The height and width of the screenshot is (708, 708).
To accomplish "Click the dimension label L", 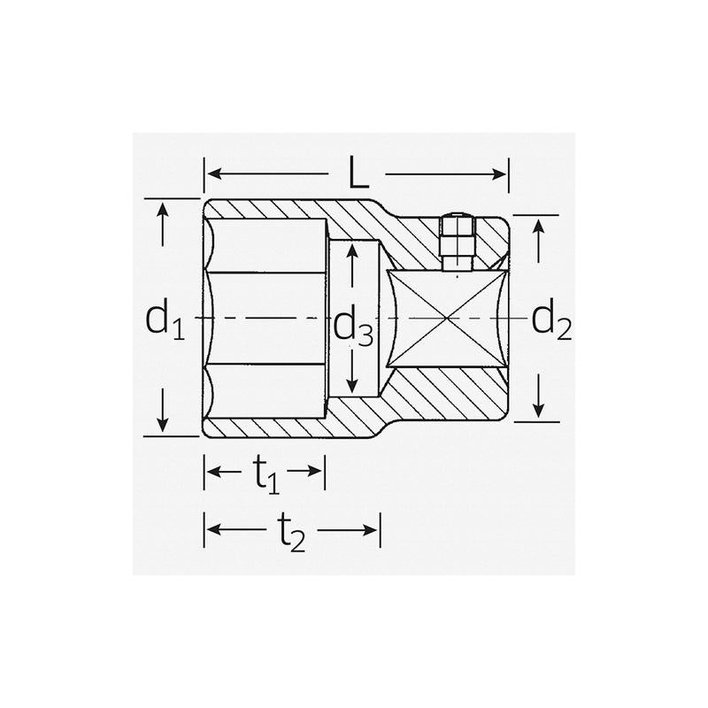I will [x=358, y=173].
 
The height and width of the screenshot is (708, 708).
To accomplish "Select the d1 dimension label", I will [x=164, y=320].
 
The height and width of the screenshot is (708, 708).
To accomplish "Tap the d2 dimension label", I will [x=550, y=320].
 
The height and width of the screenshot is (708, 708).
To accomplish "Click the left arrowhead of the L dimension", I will [x=212, y=173].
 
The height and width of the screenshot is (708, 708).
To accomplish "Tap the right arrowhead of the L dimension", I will [x=502, y=173].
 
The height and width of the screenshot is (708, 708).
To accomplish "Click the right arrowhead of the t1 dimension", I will [x=319, y=471].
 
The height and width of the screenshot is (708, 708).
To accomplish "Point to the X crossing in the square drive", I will [x=448, y=317].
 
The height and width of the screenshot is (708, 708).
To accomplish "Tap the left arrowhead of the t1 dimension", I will [x=212, y=471].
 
